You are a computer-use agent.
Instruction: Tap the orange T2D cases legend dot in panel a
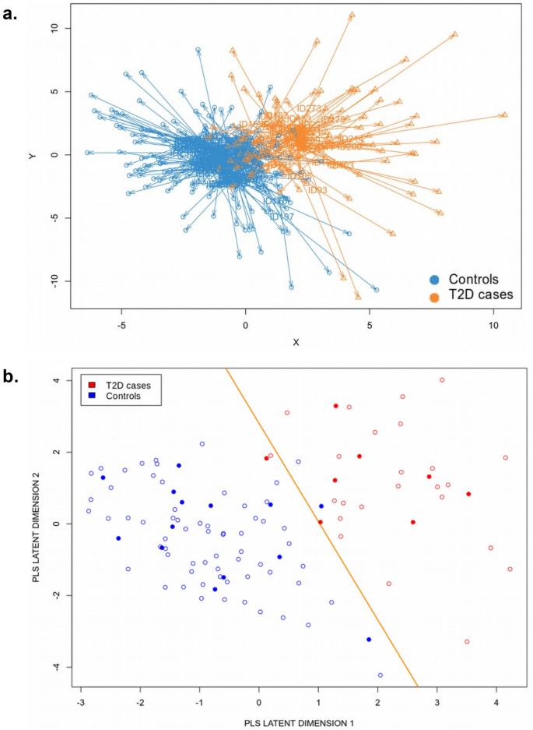coord(436,296)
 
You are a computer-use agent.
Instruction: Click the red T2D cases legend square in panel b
coord(93,385)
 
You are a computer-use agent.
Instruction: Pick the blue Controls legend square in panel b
coord(93,396)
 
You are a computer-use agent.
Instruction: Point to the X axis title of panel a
coord(296,342)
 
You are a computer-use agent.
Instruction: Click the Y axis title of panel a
coord(32,156)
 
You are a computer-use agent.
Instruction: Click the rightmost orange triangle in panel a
coord(504,115)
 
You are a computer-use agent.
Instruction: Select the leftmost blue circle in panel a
coord(87,153)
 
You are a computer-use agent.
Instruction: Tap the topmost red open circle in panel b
coord(442,380)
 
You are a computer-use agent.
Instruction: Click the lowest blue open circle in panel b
coord(380,675)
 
